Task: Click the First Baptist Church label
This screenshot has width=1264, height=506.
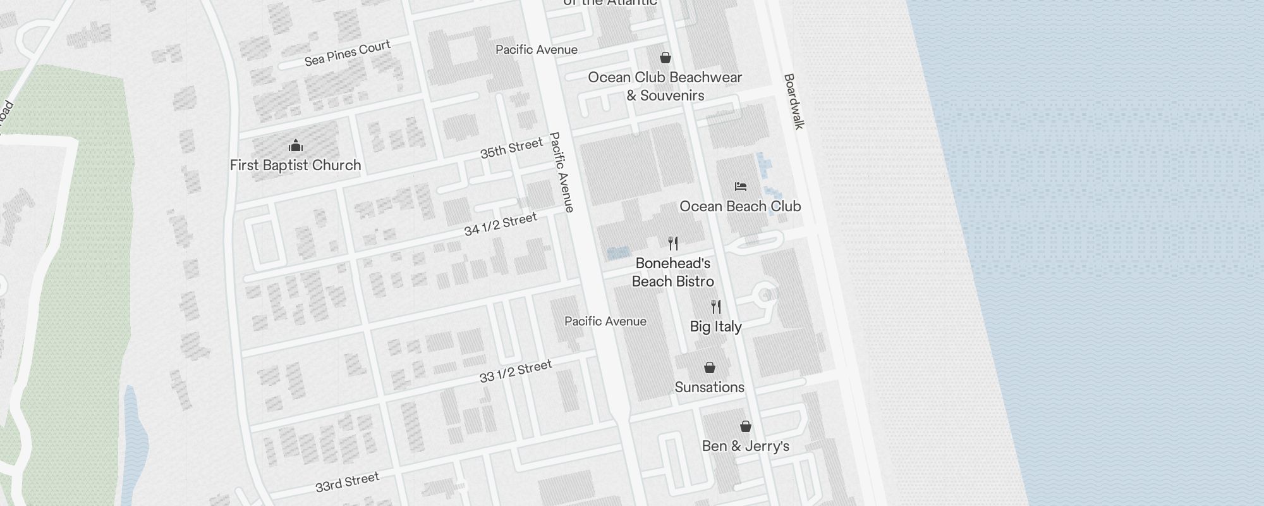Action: (x=295, y=166)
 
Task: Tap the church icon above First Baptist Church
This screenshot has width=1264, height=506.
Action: (x=295, y=147)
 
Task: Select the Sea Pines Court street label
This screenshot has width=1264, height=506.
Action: (x=347, y=53)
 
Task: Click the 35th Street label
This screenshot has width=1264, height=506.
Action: (x=511, y=148)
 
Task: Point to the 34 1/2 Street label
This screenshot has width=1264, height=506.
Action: (x=500, y=225)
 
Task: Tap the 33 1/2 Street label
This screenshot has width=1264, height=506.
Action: (x=515, y=371)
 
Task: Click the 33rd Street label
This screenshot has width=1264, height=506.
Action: (x=347, y=482)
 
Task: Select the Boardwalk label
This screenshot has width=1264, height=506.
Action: (x=793, y=101)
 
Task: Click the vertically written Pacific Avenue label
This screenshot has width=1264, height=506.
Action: (x=561, y=171)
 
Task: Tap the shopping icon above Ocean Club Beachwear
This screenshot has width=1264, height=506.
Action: (x=665, y=58)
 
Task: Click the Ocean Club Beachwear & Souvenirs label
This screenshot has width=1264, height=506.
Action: (x=665, y=87)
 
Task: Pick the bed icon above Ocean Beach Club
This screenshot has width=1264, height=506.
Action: (x=741, y=187)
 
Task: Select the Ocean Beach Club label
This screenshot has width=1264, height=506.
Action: (x=740, y=206)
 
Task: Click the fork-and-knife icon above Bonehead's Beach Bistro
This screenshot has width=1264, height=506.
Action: (x=673, y=244)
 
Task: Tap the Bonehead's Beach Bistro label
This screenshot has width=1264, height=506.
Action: (x=673, y=273)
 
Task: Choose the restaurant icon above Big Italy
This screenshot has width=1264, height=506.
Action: (x=715, y=307)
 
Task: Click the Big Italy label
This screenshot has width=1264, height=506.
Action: (x=715, y=327)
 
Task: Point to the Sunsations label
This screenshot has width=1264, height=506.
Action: (x=709, y=387)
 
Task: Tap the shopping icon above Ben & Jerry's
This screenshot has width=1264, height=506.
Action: (x=746, y=426)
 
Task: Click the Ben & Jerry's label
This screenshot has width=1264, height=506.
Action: (x=746, y=447)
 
